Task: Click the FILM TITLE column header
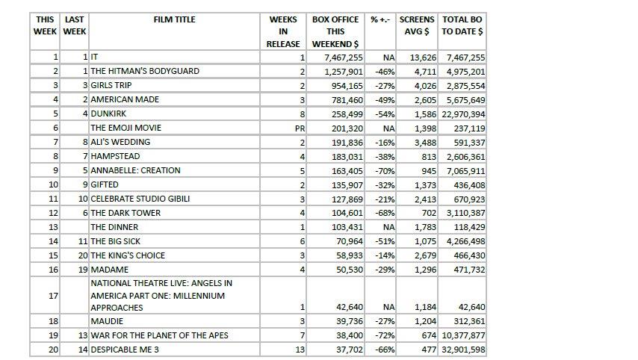[x=174, y=19]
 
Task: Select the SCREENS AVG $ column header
[x=415, y=25]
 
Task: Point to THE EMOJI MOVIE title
[x=126, y=128]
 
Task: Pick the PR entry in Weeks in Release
[x=300, y=128]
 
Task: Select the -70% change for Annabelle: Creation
[x=385, y=170]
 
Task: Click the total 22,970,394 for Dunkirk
[x=463, y=114]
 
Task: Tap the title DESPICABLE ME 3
[x=125, y=349]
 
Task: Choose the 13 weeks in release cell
[x=300, y=349]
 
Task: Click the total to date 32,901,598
[x=463, y=349]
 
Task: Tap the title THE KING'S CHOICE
[x=128, y=255]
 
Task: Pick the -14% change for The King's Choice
[x=385, y=255]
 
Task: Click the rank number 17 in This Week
[x=53, y=295]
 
